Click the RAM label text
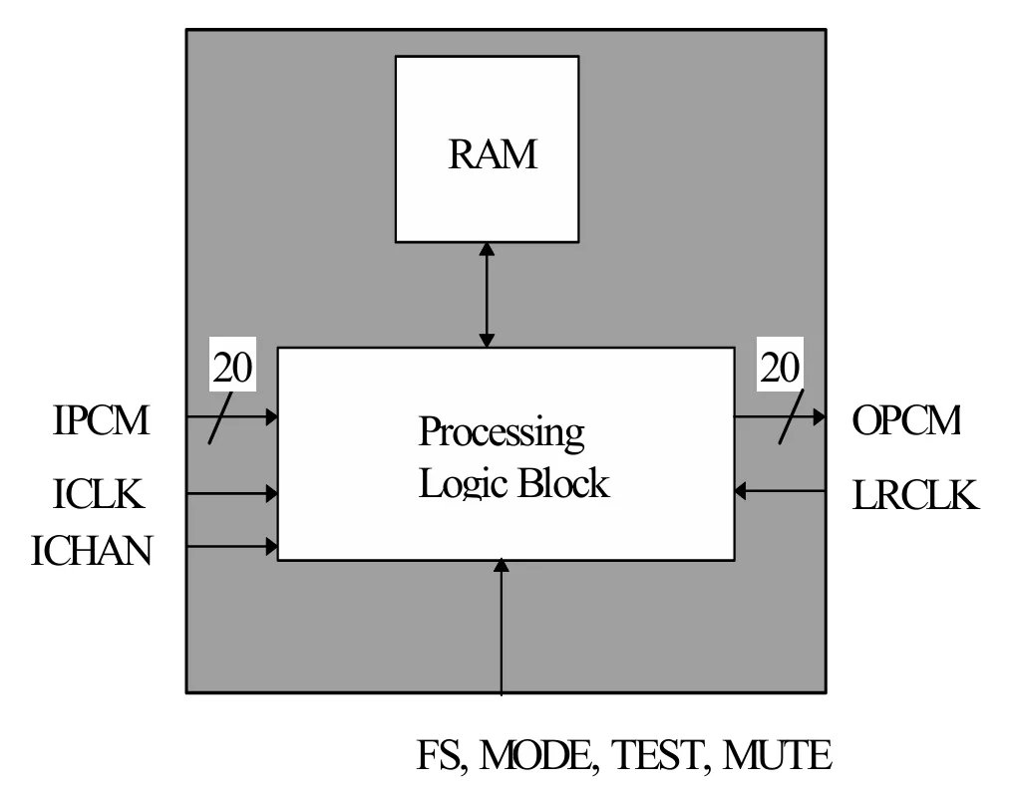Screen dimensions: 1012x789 tap(493, 154)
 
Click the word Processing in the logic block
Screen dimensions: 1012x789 tap(502, 432)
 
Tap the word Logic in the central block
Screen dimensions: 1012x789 tap(462, 484)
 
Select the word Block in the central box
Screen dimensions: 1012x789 tap(563, 483)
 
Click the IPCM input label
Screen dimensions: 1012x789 tap(101, 419)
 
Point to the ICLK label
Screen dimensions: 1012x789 tap(98, 494)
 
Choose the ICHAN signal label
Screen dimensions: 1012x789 tap(92, 550)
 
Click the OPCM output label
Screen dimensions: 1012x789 tap(906, 419)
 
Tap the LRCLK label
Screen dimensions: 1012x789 tap(915, 495)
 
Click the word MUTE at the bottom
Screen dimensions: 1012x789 tap(777, 755)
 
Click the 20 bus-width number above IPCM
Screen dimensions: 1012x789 tap(232, 367)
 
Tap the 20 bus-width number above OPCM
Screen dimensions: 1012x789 tap(780, 367)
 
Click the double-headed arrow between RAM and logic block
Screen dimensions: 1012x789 tap(488, 295)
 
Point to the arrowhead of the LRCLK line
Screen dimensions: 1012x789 tap(740, 490)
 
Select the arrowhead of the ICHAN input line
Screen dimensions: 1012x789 tap(272, 547)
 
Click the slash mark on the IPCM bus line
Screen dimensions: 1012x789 tap(220, 417)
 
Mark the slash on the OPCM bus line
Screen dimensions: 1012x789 tap(792, 416)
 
